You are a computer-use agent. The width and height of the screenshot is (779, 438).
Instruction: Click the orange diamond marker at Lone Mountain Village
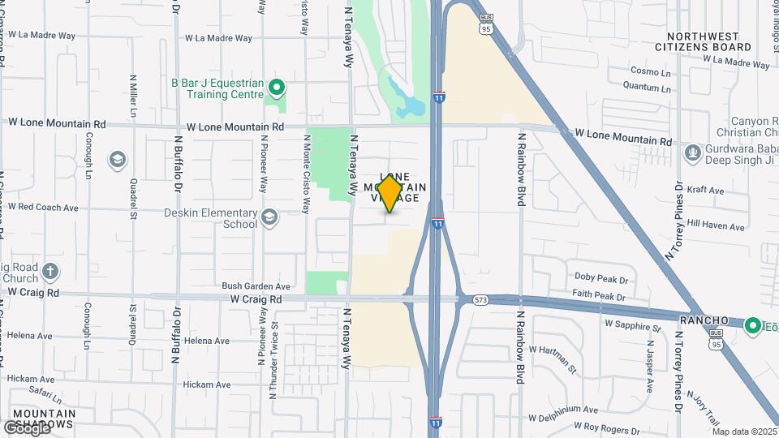click(x=390, y=193)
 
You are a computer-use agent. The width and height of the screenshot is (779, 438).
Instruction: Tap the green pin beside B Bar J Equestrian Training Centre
click(x=276, y=86)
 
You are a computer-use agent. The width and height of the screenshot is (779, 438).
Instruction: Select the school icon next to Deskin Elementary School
click(x=269, y=217)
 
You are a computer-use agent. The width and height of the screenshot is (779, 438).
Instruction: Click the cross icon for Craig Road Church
click(x=50, y=272)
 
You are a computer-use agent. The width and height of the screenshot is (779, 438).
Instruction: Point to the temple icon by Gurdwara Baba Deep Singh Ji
click(x=693, y=152)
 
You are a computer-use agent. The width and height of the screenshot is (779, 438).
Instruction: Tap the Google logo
click(x=26, y=428)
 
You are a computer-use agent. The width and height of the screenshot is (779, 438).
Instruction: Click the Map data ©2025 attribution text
click(x=744, y=432)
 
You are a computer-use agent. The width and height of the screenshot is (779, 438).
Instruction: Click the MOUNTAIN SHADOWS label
click(x=45, y=419)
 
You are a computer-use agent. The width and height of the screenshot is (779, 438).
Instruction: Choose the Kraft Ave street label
click(x=704, y=190)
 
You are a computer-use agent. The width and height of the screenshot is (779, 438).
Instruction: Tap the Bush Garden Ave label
click(x=256, y=286)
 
